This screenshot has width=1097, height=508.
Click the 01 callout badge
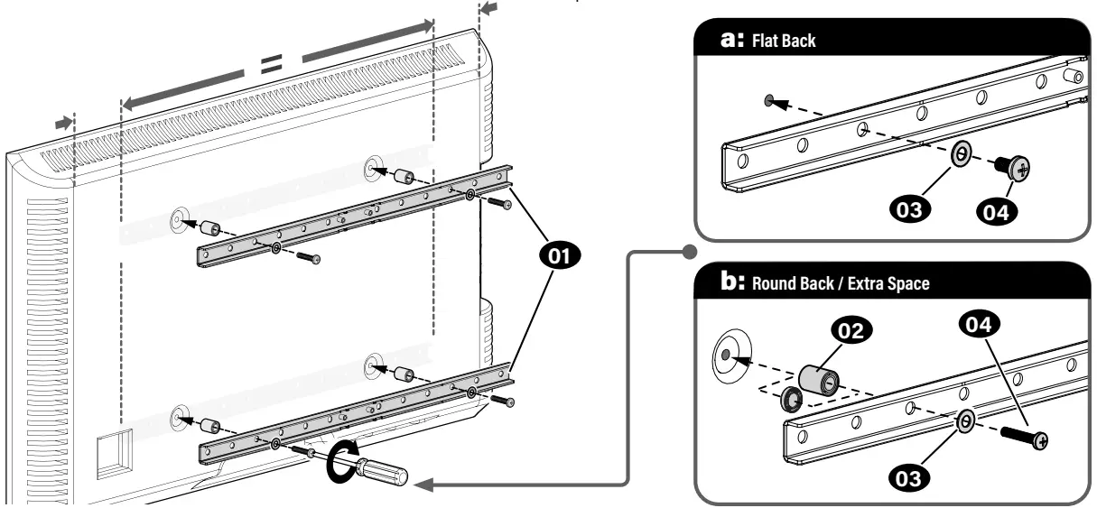(x=560, y=256)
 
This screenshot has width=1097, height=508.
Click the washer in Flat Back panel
(x=962, y=155)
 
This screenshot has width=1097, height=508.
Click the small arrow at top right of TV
(x=488, y=8)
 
